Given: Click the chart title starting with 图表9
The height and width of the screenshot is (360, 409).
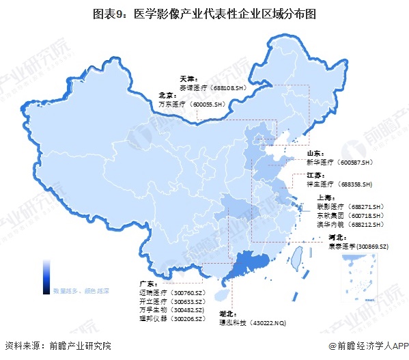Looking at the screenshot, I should (x=204, y=12).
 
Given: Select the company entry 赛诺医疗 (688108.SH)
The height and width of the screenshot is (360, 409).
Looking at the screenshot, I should (x=211, y=87).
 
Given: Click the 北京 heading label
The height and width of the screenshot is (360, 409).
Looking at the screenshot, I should (x=167, y=96).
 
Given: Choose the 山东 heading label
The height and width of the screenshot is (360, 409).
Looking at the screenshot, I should (x=315, y=154).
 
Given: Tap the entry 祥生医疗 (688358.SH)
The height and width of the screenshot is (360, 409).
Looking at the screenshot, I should (x=339, y=184).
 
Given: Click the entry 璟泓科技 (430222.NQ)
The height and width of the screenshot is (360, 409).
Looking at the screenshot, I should (x=254, y=321).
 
